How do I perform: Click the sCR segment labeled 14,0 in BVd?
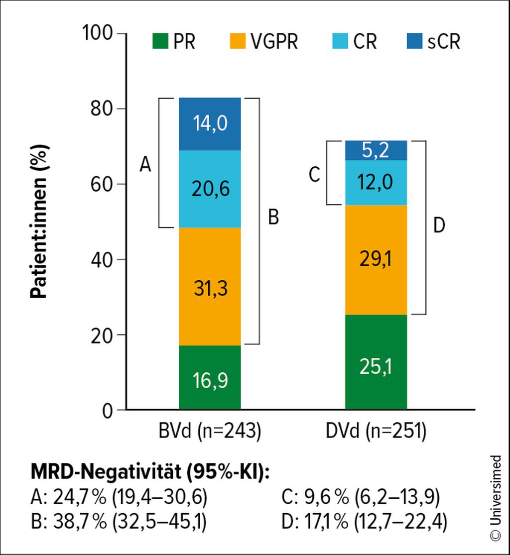point(210,123)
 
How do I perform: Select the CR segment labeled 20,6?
point(210,189)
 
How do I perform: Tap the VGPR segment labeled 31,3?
point(210,287)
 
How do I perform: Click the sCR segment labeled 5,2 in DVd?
point(376,150)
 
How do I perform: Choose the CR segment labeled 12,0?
point(376,183)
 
